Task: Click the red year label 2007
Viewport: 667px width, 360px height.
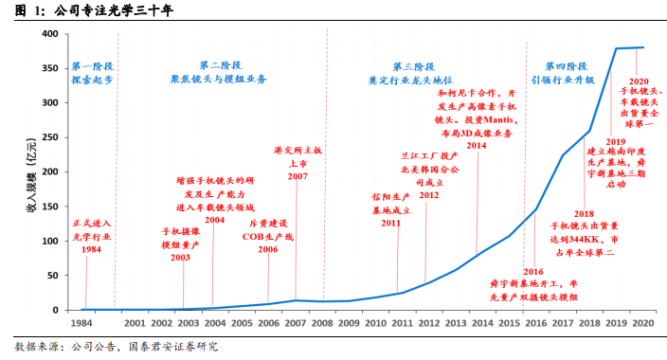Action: [x=297, y=176]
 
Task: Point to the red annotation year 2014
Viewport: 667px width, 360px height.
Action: [x=476, y=146]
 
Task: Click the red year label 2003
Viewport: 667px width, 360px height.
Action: [x=180, y=258]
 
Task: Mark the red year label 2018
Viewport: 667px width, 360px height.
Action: [x=584, y=214]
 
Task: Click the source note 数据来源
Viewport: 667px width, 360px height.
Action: [x=37, y=347]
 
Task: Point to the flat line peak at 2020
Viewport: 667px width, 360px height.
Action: [x=642, y=47]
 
